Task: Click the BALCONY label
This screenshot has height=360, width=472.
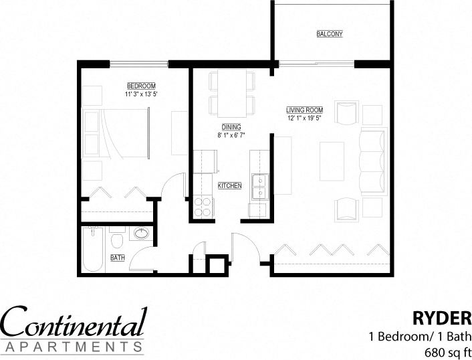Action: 329,34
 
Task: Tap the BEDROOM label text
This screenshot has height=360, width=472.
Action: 141,86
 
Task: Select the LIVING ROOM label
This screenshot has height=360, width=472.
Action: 304,110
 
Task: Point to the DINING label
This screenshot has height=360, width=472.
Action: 231,126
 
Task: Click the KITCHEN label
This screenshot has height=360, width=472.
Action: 229,185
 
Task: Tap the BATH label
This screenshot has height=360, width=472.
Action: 118,257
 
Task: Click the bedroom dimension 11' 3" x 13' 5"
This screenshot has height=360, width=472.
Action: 141,94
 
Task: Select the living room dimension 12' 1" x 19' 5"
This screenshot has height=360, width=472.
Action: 304,118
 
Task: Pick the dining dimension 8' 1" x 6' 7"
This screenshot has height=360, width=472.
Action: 231,135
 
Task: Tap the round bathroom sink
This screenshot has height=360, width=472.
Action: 141,234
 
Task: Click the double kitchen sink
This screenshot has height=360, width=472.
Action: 259,187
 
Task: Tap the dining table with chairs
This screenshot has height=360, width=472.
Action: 232,93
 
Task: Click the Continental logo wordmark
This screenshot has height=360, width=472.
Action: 74,323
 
